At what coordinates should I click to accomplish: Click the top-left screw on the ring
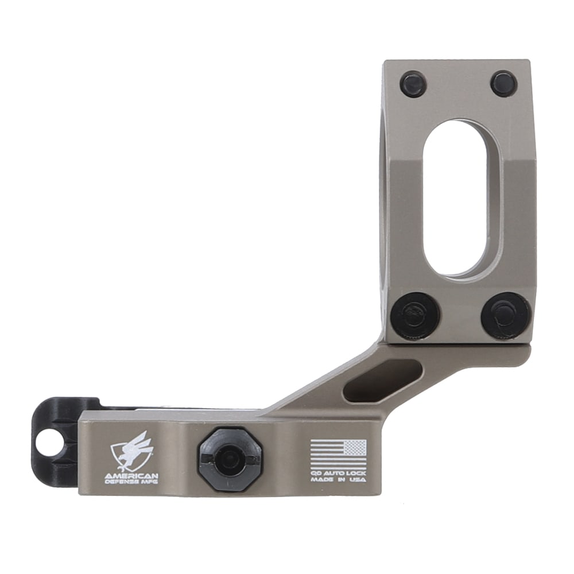pos(413,84)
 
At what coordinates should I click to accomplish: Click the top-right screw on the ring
pos(503,84)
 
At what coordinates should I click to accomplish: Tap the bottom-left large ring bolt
pos(415,316)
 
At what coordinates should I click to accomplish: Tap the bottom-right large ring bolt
pos(505,316)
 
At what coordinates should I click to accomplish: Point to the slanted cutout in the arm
pos(381,381)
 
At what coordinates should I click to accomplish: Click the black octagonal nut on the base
pos(230,459)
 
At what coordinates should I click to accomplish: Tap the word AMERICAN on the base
pos(131,476)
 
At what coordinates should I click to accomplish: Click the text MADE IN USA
pos(338,479)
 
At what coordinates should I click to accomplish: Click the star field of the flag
pos(355,447)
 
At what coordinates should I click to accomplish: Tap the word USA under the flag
pos(357,479)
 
